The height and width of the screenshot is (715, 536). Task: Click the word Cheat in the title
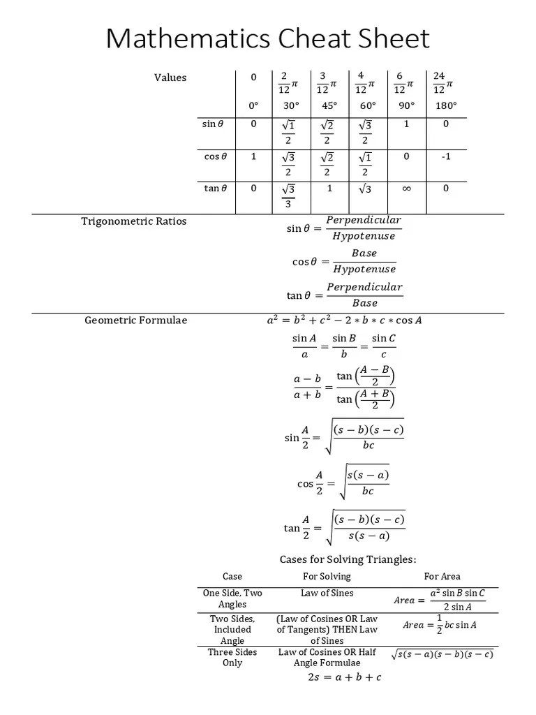pos(301,39)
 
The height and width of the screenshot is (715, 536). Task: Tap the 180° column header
pos(445,105)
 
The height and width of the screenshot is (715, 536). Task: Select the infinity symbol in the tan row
pos(407,189)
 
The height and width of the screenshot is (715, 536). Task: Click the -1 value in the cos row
pos(446,156)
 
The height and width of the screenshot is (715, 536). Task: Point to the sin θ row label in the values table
pos(213,124)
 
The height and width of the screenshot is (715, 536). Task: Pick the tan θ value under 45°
pos(329,189)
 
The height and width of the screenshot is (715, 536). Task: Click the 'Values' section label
pos(170,78)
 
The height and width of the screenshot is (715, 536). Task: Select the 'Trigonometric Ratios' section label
pos(134,221)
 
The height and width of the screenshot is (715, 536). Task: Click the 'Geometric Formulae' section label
pos(136,320)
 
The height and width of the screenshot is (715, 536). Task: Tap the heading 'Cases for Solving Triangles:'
pos(348,559)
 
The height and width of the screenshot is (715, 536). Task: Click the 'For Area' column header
pos(442,576)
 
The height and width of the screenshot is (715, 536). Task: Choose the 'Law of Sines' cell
pos(327,594)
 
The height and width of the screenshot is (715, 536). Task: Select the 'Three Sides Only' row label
pos(232,657)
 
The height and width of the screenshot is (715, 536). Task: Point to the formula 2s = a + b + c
pos(345,677)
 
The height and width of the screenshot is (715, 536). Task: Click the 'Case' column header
pos(232,576)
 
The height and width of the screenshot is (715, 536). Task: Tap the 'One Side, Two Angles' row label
pos(232,598)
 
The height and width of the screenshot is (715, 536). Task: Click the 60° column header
pos(368,105)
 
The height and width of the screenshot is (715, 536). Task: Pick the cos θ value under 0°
pos(253,156)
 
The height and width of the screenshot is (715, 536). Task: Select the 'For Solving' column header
pos(327,576)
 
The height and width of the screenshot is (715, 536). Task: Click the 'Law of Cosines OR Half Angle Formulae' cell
pos(327,657)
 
